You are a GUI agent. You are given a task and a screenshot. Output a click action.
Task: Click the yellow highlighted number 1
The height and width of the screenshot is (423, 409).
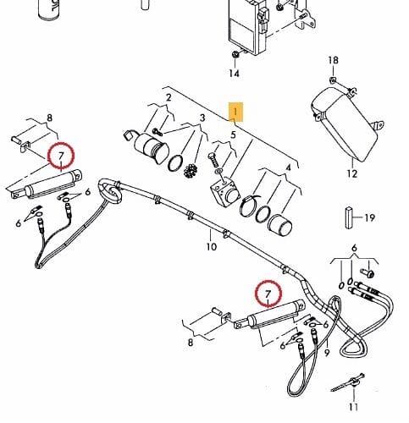[235, 113]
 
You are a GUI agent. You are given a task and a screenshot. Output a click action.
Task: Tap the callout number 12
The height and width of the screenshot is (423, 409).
[352, 173]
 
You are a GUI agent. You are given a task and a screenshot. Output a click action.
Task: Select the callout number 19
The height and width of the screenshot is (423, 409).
[370, 218]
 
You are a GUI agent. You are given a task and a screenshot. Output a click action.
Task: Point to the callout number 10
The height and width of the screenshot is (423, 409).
[212, 247]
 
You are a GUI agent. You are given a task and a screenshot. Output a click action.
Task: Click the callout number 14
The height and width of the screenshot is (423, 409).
[234, 74]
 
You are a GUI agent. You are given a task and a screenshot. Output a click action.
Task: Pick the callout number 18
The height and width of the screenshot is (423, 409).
[333, 60]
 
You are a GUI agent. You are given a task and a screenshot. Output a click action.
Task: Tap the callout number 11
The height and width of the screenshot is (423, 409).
[354, 407]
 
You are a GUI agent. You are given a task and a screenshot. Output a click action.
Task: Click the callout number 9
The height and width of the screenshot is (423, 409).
[327, 353]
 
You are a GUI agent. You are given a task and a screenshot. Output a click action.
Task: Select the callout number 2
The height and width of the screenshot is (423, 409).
[169, 98]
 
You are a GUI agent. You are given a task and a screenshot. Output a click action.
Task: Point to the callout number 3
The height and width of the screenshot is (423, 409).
[202, 118]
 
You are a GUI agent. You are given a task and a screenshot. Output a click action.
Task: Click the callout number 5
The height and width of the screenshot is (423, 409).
[233, 135]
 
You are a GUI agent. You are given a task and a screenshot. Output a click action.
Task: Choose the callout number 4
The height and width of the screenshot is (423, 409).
[288, 168]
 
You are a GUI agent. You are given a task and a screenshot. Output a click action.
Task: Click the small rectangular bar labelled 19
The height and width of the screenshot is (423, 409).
[349, 217]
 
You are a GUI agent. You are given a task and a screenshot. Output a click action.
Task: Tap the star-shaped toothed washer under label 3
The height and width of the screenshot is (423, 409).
[191, 171]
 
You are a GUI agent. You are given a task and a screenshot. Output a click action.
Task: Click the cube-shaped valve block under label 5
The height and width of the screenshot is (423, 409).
[225, 191]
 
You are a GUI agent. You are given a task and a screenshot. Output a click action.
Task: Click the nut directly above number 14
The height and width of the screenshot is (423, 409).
[235, 54]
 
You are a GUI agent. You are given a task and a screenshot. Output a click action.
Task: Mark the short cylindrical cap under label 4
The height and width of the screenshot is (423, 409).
[279, 225]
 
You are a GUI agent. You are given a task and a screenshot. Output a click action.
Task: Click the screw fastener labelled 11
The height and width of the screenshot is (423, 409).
[349, 383]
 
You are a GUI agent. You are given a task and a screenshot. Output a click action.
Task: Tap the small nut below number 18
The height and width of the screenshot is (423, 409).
[333, 80]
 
